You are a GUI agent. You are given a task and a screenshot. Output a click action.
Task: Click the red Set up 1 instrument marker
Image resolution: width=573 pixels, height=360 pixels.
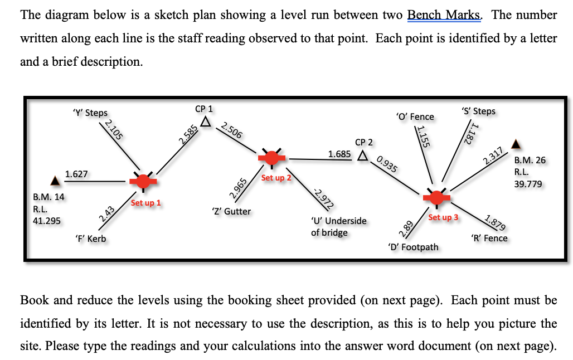(x=144, y=181)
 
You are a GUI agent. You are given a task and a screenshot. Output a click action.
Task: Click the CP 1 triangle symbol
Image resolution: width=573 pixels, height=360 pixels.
(x=206, y=121)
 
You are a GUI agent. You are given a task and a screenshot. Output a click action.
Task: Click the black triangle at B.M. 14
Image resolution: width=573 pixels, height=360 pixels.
(x=55, y=181)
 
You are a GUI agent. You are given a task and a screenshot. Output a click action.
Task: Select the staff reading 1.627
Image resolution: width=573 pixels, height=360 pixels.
(x=76, y=174)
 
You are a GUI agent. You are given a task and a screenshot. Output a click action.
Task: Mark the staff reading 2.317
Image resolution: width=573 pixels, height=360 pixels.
(x=494, y=155)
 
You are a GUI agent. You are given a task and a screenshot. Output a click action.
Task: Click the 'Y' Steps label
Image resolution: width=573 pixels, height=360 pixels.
(x=90, y=113)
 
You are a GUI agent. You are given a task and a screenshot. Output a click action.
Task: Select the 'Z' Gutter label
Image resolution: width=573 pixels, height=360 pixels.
(x=231, y=211)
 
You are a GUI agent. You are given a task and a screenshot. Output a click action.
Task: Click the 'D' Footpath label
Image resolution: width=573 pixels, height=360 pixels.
(x=412, y=247)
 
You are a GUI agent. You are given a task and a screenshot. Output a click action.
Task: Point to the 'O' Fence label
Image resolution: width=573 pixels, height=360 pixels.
(x=414, y=116)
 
